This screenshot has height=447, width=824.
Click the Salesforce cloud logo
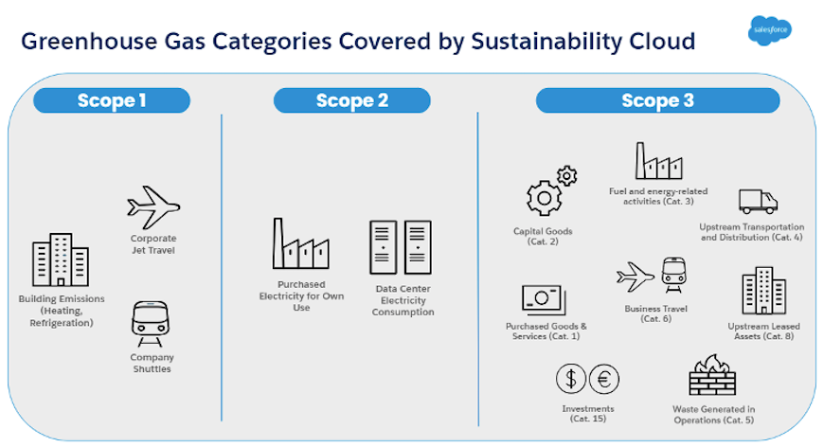click(x=768, y=29)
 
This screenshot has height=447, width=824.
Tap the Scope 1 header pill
click(x=112, y=100)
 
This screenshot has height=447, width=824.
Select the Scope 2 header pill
click(x=351, y=100)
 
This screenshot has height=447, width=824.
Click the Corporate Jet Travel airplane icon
click(x=153, y=207)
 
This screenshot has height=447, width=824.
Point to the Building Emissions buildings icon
click(x=60, y=259)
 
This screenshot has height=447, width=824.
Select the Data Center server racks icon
click(x=400, y=247)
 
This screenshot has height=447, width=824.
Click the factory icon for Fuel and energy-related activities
click(x=658, y=162)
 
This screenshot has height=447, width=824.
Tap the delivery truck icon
click(x=757, y=201)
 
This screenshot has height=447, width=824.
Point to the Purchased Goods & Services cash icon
click(x=544, y=300)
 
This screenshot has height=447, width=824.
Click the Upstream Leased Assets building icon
click(x=763, y=291)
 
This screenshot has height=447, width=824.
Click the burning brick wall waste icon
click(x=711, y=377)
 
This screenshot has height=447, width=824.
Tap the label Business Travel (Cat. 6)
click(x=655, y=313)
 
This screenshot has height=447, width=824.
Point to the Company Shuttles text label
click(x=152, y=363)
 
